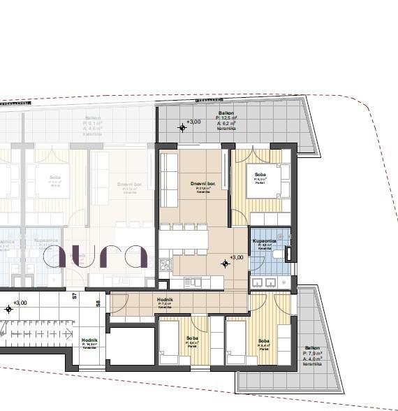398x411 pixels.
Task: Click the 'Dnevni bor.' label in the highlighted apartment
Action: pyautogui.click(x=202, y=183)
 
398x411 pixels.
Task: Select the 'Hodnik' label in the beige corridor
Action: pyautogui.click(x=165, y=300)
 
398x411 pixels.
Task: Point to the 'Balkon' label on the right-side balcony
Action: pyautogui.click(x=312, y=348)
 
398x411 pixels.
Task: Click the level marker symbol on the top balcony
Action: pyautogui.click(x=183, y=127)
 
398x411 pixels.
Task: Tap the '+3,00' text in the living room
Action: pyautogui.click(x=237, y=257)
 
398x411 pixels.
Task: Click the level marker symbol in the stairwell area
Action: pyautogui.click(x=8, y=308)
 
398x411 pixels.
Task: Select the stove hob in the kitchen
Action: pyautogui.click(x=165, y=265)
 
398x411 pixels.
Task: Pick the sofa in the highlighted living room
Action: pyautogui.click(x=169, y=180)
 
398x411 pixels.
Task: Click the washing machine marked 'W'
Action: pyautogui.click(x=283, y=282)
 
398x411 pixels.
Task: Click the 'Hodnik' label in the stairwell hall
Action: pyautogui.click(x=89, y=340)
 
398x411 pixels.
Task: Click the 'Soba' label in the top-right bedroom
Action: pyautogui.click(x=259, y=174)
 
